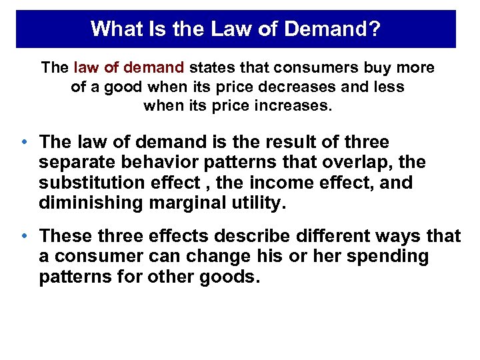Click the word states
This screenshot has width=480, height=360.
(x=213, y=68)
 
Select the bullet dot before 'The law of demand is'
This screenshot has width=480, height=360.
(x=24, y=143)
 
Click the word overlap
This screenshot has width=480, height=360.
(x=362, y=163)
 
